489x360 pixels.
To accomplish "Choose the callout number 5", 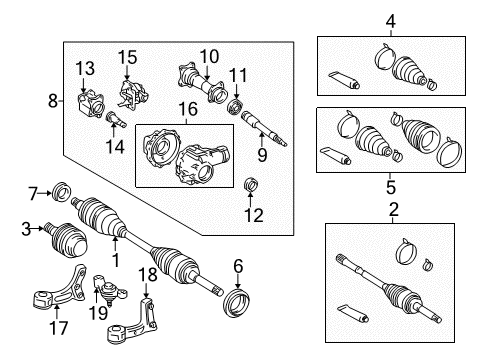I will [391, 186].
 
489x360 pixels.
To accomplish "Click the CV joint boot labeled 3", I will [69, 241].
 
